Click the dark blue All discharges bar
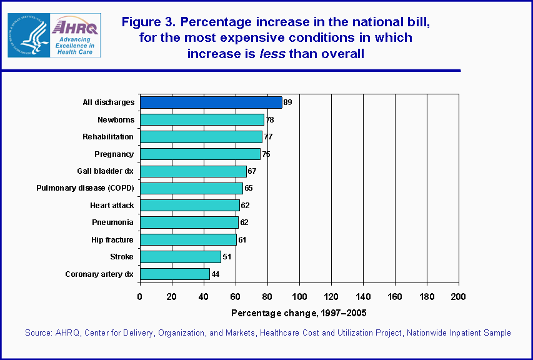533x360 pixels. coord(211,102)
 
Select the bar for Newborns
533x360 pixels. coord(202,119)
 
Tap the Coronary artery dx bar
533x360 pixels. coord(175,274)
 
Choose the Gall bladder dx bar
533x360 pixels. coord(193,171)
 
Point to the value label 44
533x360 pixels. coord(216,274)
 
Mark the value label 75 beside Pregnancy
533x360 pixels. coord(266,154)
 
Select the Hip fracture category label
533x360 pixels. coord(112,239)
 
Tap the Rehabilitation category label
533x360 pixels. coord(108,137)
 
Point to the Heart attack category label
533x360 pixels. coord(112,205)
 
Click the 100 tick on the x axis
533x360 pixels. coord(299,296)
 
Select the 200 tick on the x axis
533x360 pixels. coord(459,296)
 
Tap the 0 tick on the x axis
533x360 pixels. coord(140,296)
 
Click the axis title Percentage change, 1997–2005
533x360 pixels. coord(299,312)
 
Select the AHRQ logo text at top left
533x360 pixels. coord(74,27)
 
